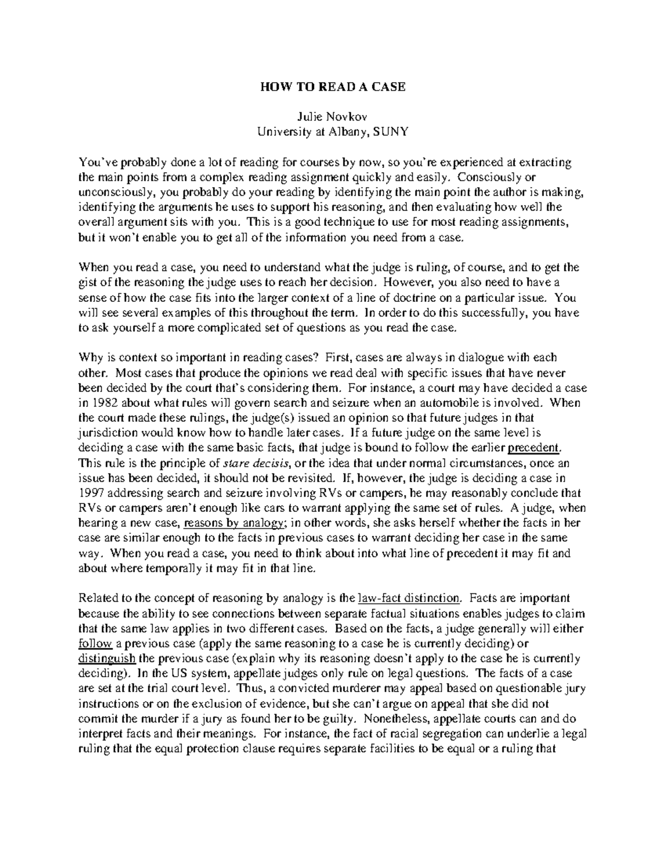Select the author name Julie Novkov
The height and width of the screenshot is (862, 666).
pyautogui.click(x=332, y=117)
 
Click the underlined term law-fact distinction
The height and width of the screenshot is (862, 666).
pyautogui.click(x=410, y=598)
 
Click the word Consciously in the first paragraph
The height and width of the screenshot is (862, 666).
pyautogui.click(x=493, y=177)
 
